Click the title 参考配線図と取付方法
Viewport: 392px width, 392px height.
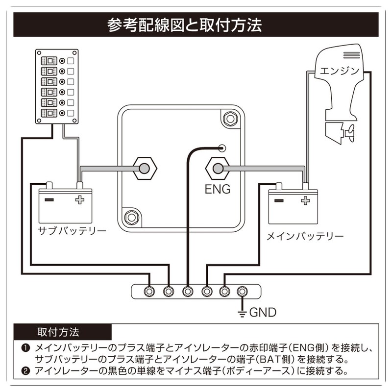click(x=196, y=24)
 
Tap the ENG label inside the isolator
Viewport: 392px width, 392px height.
click(x=218, y=189)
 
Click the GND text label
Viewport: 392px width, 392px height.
click(x=263, y=312)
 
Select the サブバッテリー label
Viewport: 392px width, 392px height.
click(x=72, y=230)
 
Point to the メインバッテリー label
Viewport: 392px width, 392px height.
click(x=304, y=236)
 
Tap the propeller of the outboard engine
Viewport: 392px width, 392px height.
click(x=350, y=132)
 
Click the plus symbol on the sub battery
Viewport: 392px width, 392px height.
click(x=79, y=199)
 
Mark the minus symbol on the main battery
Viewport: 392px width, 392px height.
click(x=279, y=200)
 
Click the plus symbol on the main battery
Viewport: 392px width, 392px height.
click(x=306, y=200)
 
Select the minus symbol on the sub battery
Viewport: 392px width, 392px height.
click(x=49, y=199)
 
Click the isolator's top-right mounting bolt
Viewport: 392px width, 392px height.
click(x=229, y=118)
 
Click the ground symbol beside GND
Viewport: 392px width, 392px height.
click(x=241, y=312)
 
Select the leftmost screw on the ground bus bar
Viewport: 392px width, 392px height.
click(x=149, y=292)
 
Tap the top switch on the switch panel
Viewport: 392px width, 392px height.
click(x=50, y=61)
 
